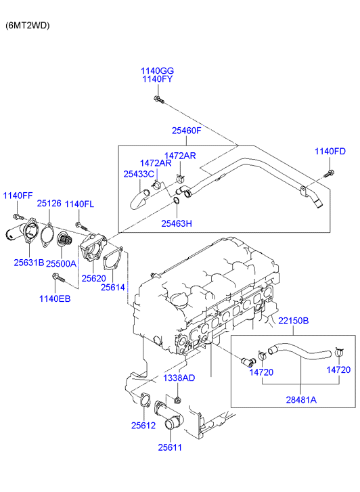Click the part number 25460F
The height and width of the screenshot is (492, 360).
click(x=187, y=131)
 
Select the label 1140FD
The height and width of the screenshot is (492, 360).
click(x=330, y=151)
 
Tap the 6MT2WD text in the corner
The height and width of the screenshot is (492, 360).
click(x=28, y=26)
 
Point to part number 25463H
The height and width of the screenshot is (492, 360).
click(x=177, y=223)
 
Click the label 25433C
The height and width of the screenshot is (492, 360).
click(x=139, y=174)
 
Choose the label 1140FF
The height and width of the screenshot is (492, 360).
click(x=18, y=196)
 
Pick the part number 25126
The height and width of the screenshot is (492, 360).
click(x=49, y=203)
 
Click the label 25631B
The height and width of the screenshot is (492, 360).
click(x=29, y=263)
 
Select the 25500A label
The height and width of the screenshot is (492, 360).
click(x=61, y=263)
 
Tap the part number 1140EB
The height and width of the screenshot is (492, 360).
click(x=55, y=298)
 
